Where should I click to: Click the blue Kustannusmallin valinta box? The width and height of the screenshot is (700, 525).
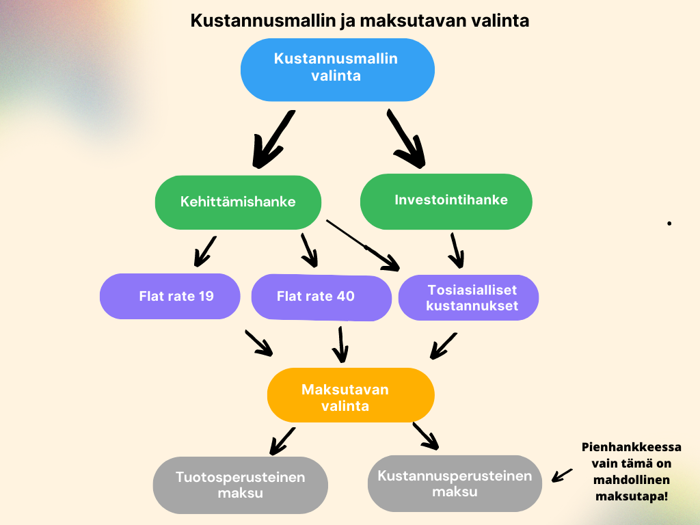pyautogui.click(x=338, y=70)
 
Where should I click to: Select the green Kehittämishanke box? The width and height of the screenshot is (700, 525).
pyautogui.click(x=238, y=202)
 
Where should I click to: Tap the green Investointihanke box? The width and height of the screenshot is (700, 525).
pyautogui.click(x=446, y=202)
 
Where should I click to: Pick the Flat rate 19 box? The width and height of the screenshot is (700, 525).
pyautogui.click(x=170, y=297)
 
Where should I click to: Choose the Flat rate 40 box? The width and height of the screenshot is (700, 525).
pyautogui.click(x=321, y=297)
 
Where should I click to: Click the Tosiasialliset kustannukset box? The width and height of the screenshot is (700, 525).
pyautogui.click(x=468, y=297)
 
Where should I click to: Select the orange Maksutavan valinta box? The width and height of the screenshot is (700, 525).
pyautogui.click(x=351, y=395)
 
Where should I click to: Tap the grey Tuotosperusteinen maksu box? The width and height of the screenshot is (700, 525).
pyautogui.click(x=241, y=485)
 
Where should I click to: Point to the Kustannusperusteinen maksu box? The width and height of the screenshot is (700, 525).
pyautogui.click(x=455, y=483)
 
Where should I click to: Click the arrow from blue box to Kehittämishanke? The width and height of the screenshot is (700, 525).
pyautogui.click(x=272, y=139)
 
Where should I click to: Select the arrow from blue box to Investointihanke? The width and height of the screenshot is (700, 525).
pyautogui.click(x=405, y=138)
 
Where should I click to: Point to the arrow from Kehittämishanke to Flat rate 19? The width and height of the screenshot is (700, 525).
pyautogui.click(x=205, y=252)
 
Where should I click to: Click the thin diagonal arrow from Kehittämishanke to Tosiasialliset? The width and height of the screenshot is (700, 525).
pyautogui.click(x=363, y=245)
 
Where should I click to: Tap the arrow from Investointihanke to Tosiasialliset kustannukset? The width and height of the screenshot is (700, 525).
pyautogui.click(x=456, y=250)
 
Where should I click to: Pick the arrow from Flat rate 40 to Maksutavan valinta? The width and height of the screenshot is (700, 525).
pyautogui.click(x=340, y=345)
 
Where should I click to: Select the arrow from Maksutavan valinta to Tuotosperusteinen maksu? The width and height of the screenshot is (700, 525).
pyautogui.click(x=282, y=441)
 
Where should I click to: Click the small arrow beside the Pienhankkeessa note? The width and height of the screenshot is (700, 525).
pyautogui.click(x=562, y=476)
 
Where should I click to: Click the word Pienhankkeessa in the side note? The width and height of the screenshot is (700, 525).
pyautogui.click(x=631, y=447)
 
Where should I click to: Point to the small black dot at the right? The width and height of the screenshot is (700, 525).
pyautogui.click(x=669, y=224)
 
